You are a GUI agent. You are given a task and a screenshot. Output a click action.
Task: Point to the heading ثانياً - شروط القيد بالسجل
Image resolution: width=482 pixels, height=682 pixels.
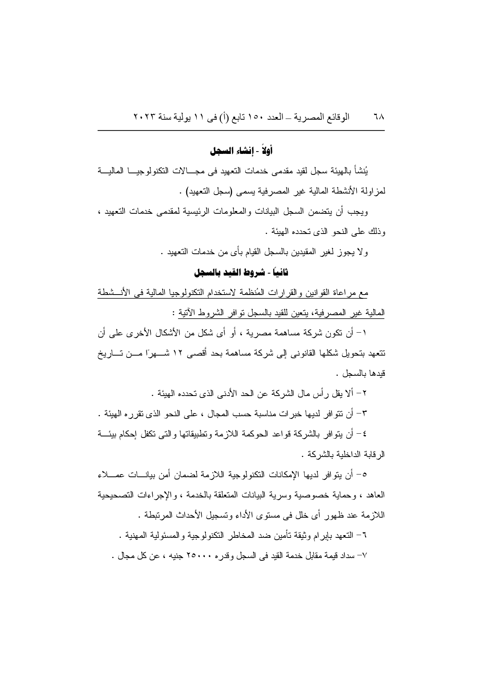(241, 272)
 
